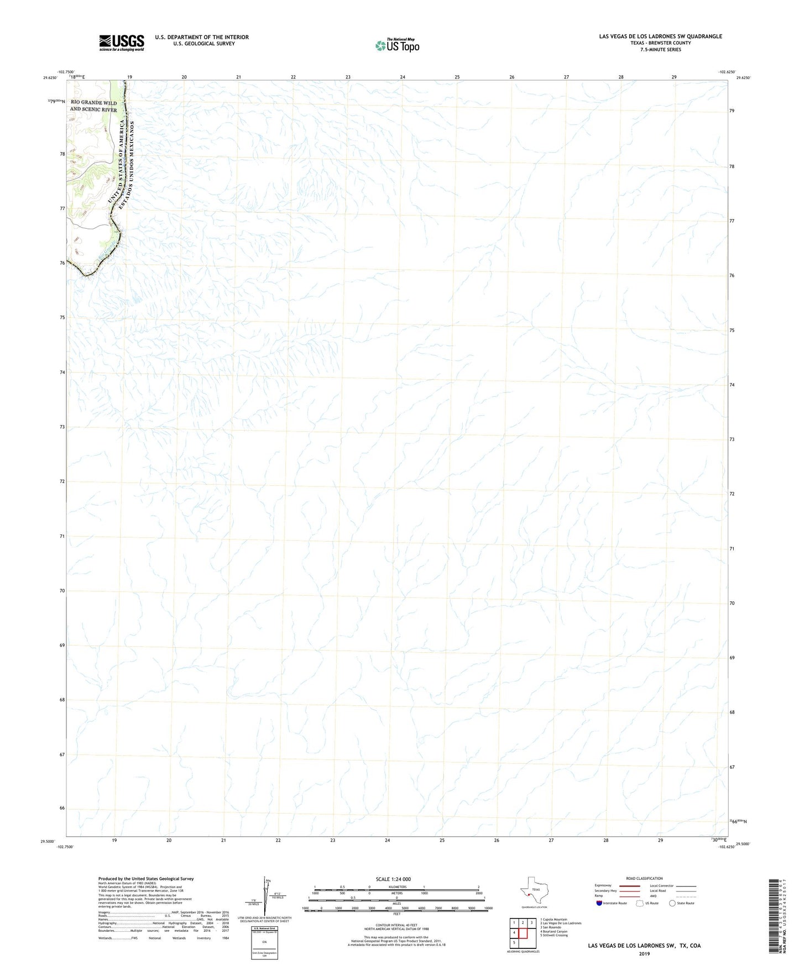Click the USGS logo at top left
[122, 43]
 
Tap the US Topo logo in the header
[397, 45]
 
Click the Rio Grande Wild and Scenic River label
[93, 106]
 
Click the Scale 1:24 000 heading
[393, 879]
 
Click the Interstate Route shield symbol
[599, 903]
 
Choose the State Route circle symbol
[672, 903]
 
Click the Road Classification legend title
[644, 878]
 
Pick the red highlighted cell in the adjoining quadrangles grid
[523, 933]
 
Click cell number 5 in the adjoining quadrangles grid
[514, 943]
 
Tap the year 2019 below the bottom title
[644, 953]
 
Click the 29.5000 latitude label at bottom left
[48, 842]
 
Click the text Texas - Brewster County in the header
[660, 43]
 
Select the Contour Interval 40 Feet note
[396, 925]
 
